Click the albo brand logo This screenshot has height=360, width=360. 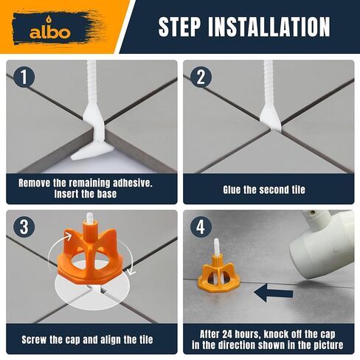tap(50, 30)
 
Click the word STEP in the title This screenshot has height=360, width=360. tap(179, 27)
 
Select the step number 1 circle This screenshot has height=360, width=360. tap(24, 77)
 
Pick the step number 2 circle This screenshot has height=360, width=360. tap(201, 77)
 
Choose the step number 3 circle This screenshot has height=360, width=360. tap(24, 226)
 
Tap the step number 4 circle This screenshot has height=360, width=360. tap(201, 226)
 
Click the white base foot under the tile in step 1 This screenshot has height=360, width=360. tap(92, 153)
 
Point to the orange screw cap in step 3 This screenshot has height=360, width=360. tap(90, 255)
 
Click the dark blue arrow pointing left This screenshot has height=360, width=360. tap(274, 292)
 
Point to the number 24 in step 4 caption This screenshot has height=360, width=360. tap(227, 334)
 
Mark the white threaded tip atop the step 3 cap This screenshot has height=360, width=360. tap(90, 217)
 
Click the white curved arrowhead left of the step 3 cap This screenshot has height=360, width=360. tap(67, 237)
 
